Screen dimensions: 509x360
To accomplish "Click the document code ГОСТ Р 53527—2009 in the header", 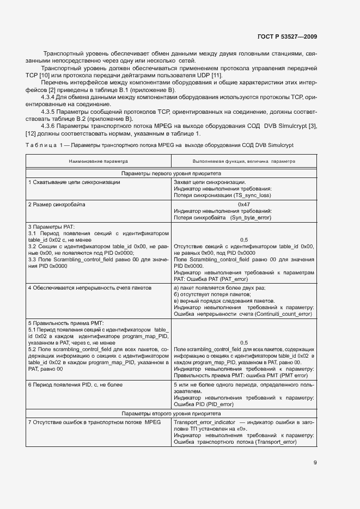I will coord(286,36).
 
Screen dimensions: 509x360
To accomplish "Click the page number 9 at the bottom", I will coord(315,463).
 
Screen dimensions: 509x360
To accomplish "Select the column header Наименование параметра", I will coord(98,162).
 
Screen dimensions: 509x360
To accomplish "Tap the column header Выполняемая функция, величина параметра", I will coord(243,162).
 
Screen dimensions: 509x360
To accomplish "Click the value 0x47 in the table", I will coord(243,205).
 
